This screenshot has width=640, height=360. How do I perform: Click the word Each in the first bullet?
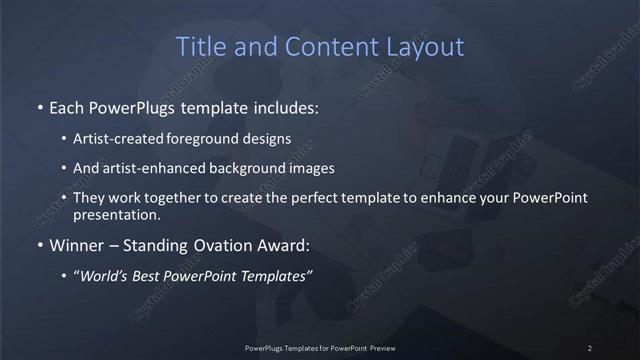[66, 106]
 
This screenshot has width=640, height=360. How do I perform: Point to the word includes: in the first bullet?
[285, 106]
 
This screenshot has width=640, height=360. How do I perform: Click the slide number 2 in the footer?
[590, 347]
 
